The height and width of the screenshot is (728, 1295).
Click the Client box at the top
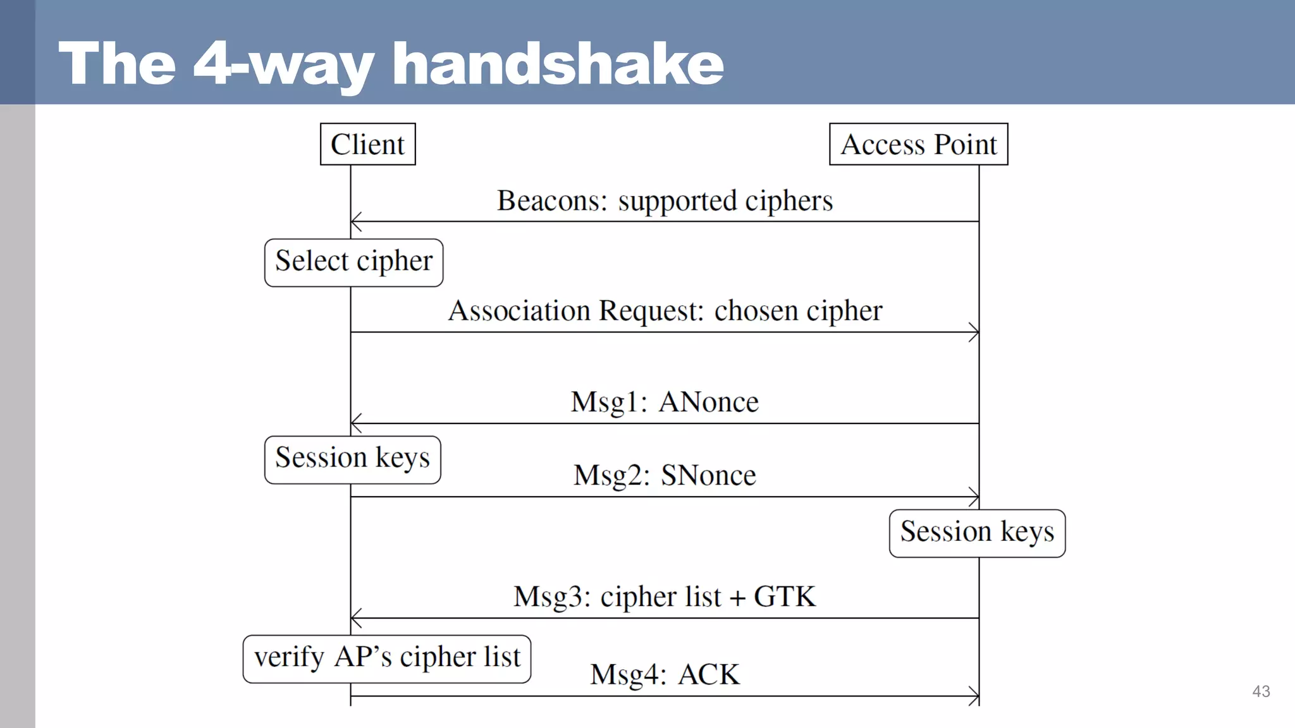click(367, 144)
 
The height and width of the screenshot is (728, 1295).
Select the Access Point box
click(918, 144)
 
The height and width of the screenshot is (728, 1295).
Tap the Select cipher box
click(353, 262)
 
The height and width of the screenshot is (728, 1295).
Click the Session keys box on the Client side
click(352, 459)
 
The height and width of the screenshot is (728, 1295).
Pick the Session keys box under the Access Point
click(977, 533)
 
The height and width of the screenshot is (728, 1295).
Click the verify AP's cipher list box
click(386, 658)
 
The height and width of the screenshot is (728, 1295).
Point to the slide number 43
click(1261, 691)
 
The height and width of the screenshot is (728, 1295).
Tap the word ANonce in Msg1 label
click(708, 402)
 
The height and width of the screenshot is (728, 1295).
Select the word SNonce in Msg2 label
click(708, 475)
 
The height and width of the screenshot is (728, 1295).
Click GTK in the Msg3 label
click(784, 597)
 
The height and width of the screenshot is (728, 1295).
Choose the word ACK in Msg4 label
click(708, 675)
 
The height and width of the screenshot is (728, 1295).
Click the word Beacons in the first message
click(551, 201)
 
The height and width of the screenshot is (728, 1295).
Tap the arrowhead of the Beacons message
click(355, 222)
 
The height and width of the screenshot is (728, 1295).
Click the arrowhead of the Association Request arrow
click(975, 332)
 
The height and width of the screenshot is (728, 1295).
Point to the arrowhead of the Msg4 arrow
click(975, 696)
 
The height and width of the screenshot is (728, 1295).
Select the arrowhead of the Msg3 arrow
click(355, 618)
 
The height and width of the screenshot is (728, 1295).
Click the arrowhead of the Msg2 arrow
click(975, 497)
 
